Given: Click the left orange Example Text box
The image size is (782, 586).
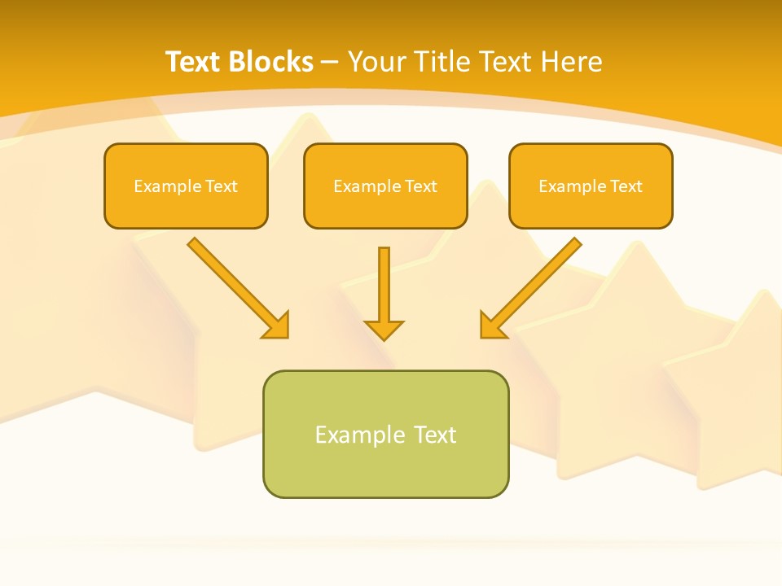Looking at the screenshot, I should tap(186, 186).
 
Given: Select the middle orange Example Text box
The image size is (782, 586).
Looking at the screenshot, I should tap(385, 186).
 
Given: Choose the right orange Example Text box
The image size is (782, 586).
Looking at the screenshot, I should tap(591, 186).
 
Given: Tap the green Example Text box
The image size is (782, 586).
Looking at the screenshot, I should tap(385, 434).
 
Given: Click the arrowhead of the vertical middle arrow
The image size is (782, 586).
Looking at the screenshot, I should tap(384, 330).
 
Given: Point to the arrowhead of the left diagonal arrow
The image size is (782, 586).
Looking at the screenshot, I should tap(277, 326).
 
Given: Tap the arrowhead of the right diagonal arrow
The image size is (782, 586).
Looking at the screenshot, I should tap(492, 326).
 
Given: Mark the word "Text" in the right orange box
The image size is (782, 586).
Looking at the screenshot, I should tap(626, 186).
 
